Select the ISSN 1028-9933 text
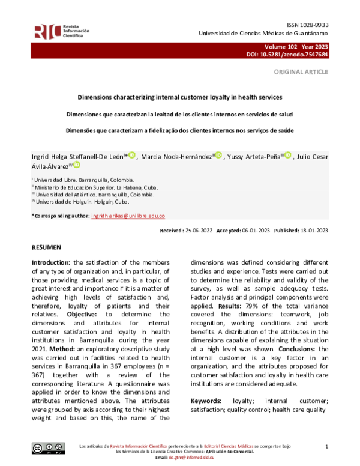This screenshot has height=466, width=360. pyautogui.click(x=306, y=25)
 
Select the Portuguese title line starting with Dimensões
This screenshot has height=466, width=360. pyautogui.click(x=180, y=130)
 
